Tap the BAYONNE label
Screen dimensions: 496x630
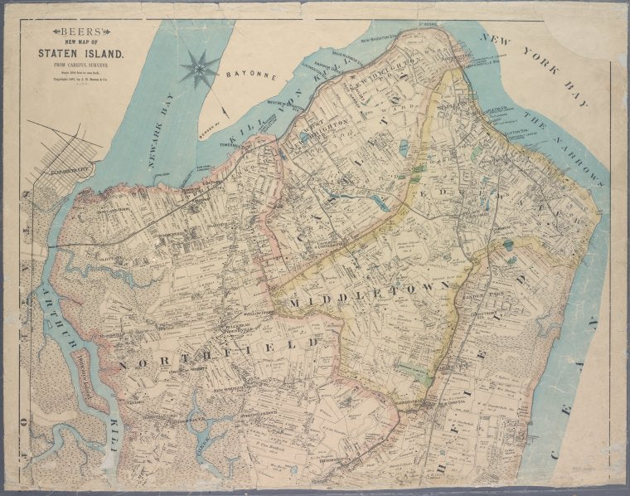tap(251, 75)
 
